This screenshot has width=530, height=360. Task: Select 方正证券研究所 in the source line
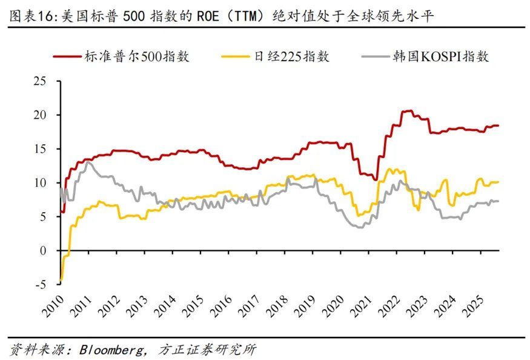[206, 350]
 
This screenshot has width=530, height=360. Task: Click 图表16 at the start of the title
[30, 18]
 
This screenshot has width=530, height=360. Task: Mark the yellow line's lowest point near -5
[61, 279]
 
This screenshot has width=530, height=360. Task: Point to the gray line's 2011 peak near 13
[88, 162]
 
